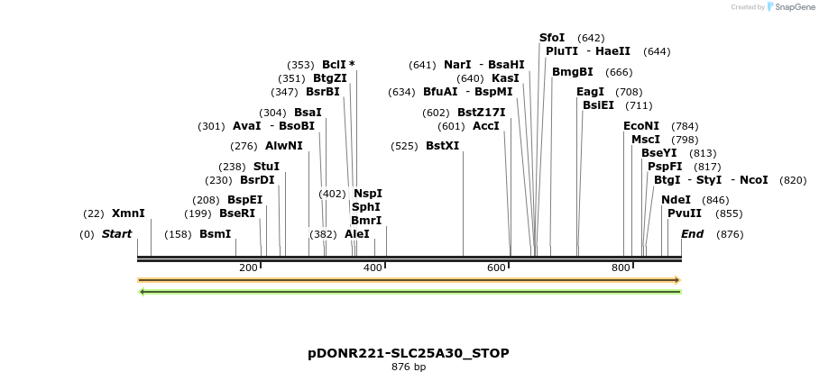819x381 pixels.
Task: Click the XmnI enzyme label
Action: coord(128,213)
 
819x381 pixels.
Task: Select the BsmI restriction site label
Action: coord(216,234)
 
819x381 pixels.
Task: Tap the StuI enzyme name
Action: coord(266,167)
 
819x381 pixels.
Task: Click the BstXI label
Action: coord(442,146)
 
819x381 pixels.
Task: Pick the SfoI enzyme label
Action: coord(552,38)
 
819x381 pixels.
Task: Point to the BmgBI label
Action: coord(573,72)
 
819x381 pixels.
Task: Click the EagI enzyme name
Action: coord(590,92)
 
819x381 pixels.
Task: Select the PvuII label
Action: coord(685,213)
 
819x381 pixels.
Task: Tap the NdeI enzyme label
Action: coord(676,200)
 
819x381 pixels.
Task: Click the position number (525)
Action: coord(404,146)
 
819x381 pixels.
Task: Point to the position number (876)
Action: coord(731,234)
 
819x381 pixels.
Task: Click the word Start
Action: coord(116,234)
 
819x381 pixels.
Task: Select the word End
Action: coord(693,234)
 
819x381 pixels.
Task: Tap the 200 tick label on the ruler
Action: coord(248,268)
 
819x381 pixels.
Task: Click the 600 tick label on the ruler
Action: coord(496,268)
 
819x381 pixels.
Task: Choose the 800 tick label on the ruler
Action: coord(621,268)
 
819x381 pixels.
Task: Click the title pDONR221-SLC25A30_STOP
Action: coord(409,353)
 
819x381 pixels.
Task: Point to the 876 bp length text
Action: coord(409,367)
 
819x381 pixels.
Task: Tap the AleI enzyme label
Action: coord(357,234)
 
